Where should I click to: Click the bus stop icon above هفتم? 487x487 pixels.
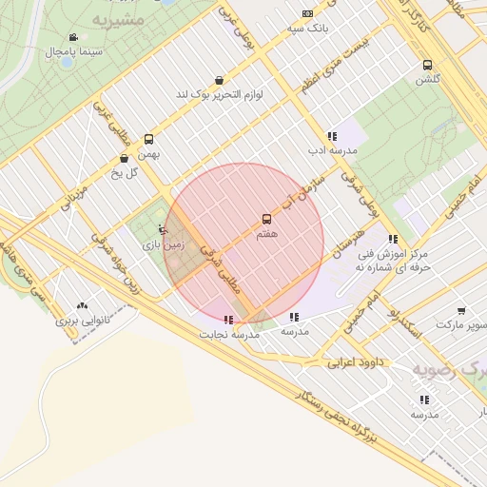pos(265,219)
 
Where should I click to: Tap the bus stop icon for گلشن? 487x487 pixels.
pos(427,66)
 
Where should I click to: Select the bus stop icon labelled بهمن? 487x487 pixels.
pos(148,139)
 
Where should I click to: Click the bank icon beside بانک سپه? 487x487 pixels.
pos(307,13)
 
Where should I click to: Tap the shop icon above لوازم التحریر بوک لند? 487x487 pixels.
pos(220,81)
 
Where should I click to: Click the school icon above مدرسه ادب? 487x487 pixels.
pos(331,136)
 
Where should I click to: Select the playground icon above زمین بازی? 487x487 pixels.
pos(163,229)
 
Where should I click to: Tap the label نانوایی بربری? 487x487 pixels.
pos(81,321)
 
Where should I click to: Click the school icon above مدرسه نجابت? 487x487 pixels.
pos(227,320)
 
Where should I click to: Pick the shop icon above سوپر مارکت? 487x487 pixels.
pos(461,311)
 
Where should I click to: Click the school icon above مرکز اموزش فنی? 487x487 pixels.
pos(393,239)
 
